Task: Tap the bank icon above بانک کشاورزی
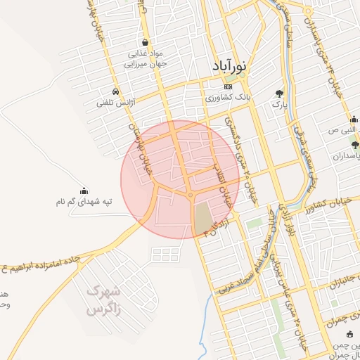(x=227, y=86)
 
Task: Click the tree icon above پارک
(x=280, y=93)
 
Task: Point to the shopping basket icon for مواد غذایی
(x=146, y=42)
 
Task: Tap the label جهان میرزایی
(x=147, y=63)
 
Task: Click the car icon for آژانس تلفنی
(x=115, y=92)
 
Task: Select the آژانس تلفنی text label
(x=115, y=103)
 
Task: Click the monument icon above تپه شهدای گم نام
(x=84, y=191)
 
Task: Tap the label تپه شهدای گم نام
(x=84, y=202)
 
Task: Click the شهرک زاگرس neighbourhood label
(x=103, y=300)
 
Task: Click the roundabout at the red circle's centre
(x=191, y=195)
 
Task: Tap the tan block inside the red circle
(x=202, y=219)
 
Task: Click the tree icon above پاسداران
(x=354, y=145)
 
